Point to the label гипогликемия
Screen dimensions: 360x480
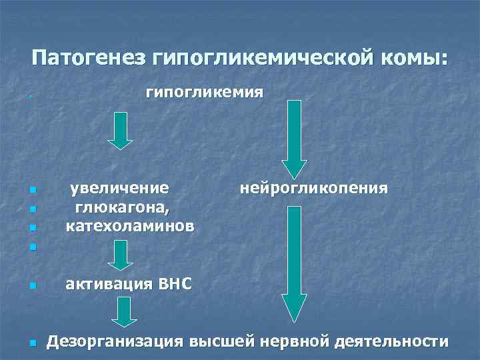pos(204,92)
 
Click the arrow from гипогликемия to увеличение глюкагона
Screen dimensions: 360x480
pos(121,131)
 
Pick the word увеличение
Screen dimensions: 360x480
pos(120,188)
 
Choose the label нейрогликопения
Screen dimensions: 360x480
pos(313,188)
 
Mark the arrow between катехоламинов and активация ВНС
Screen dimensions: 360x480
pos(121,255)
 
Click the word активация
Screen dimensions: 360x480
pos(109,285)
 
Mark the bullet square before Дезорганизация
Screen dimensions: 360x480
pos(33,344)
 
